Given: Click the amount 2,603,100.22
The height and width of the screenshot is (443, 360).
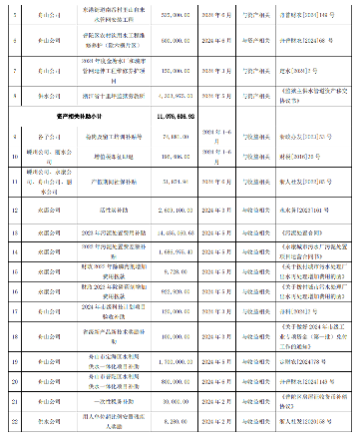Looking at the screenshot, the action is coord(173,212).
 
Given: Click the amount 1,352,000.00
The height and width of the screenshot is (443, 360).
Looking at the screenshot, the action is coord(174,358).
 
